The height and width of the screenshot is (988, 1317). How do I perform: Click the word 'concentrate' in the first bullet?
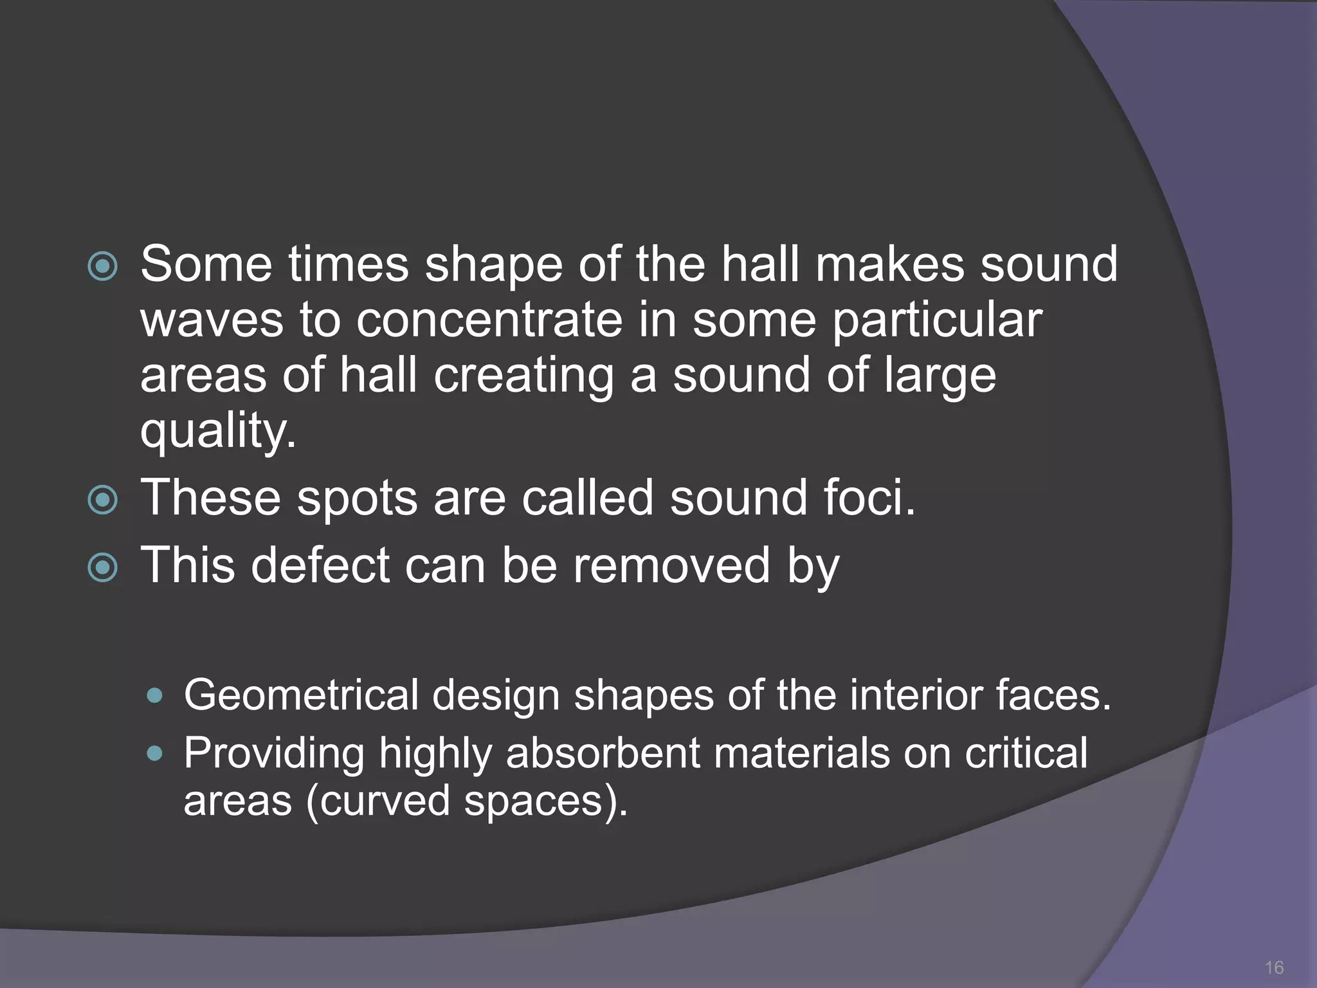489,320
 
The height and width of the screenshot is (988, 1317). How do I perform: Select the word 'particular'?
937,320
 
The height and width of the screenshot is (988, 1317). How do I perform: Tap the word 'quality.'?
218,431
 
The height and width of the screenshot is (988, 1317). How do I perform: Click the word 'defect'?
320,565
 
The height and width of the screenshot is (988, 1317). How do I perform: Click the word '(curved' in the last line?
378,801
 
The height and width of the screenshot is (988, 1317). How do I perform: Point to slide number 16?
1274,967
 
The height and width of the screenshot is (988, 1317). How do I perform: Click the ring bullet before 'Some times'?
102,266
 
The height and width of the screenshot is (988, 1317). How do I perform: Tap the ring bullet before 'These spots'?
102,500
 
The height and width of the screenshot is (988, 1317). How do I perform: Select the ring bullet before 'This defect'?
102,567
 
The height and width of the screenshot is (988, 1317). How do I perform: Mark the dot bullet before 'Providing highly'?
155,753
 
